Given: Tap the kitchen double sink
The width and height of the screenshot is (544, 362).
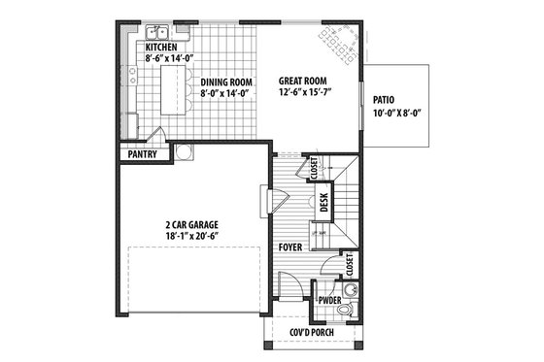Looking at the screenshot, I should tap(157, 34).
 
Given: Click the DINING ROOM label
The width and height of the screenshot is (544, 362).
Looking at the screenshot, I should tap(226, 82).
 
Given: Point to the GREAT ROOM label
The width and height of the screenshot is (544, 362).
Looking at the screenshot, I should tap(302, 82).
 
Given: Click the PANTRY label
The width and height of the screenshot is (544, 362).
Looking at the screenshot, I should tap(141, 153).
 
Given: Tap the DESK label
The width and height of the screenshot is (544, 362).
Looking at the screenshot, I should tap(324, 204).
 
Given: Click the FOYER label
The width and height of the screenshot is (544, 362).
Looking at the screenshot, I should tap(289, 247).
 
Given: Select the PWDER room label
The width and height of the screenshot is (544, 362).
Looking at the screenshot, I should tap(328, 301).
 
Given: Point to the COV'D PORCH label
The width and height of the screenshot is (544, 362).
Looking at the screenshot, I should tap(315, 332).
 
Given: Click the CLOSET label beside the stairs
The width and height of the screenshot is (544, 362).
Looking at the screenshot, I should tap(314, 168).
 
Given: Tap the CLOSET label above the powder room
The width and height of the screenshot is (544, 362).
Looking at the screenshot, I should tap(349, 263).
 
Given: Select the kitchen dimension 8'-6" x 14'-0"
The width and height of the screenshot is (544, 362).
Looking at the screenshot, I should tap(170, 58).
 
